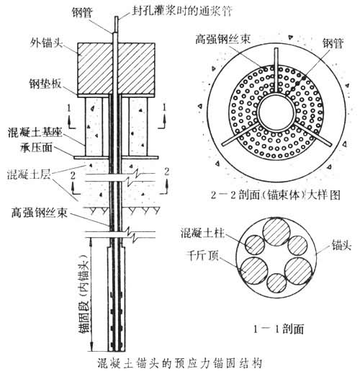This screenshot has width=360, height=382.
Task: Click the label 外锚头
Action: (x=46, y=43)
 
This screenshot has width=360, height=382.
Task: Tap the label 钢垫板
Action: (x=45, y=84)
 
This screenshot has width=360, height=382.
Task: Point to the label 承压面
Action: (x=36, y=147)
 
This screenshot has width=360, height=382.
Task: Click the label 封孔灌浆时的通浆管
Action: (x=182, y=11)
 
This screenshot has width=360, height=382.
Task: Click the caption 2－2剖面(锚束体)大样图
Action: (x=275, y=195)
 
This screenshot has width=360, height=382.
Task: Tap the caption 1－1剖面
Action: (x=279, y=329)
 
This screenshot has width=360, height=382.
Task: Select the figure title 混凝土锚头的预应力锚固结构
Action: (x=180, y=363)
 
